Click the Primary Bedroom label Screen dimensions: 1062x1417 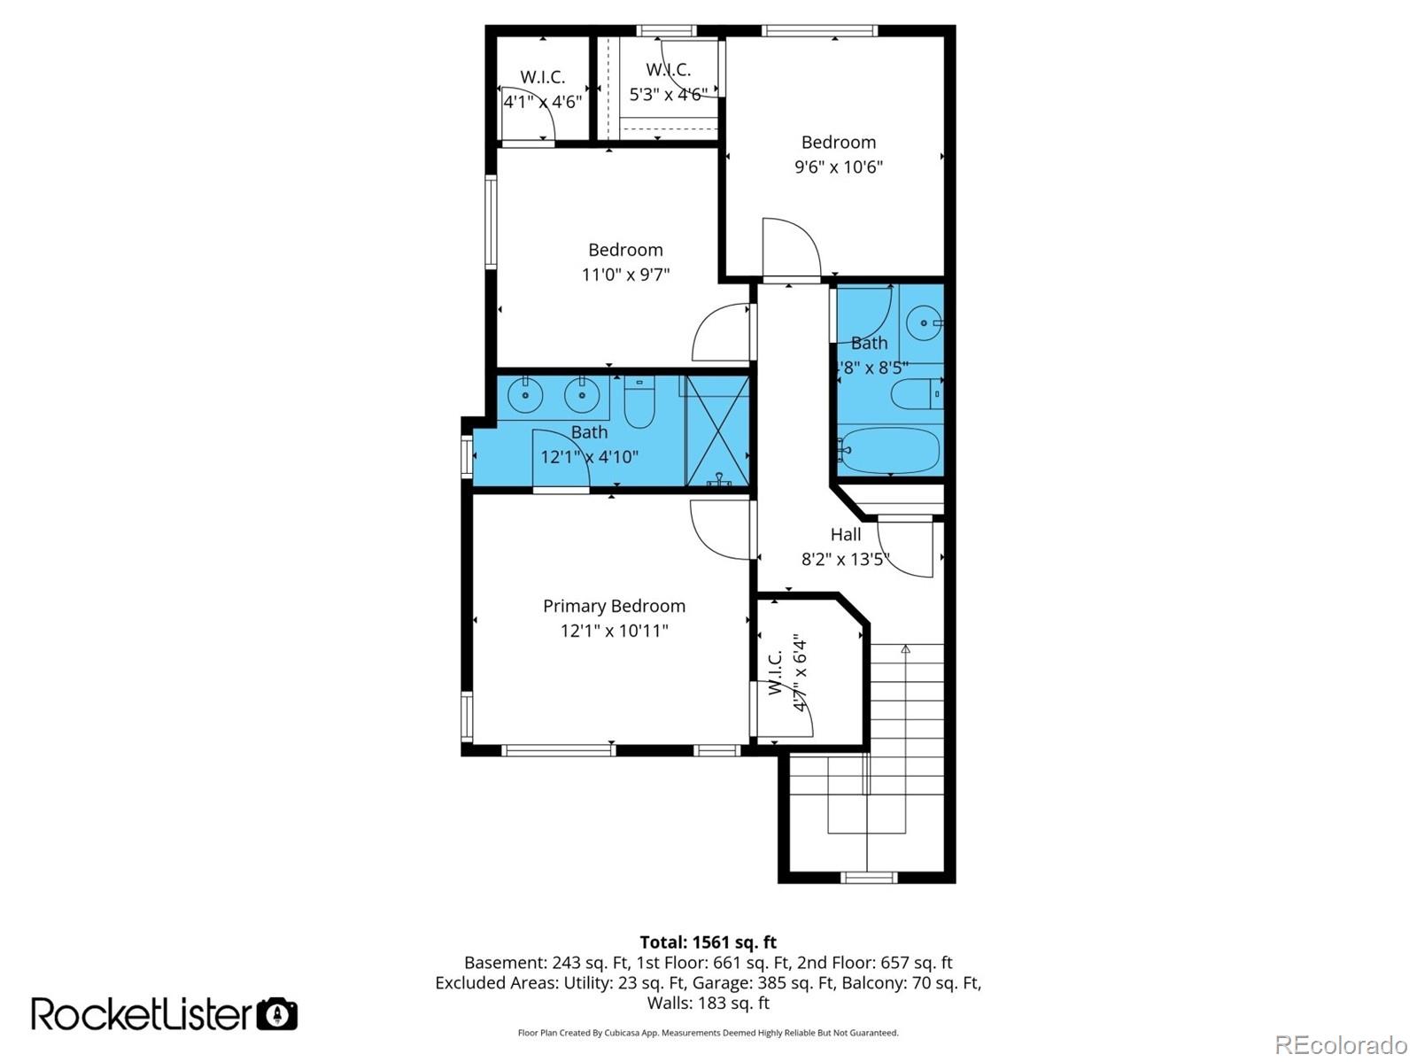coord(614,606)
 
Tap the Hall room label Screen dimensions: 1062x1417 coord(845,534)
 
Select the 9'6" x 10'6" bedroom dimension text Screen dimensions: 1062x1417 coord(838,167)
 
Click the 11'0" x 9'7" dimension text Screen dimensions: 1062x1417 coord(625,275)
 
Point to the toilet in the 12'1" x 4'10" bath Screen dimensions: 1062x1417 coord(639,403)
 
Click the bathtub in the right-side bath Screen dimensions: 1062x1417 coord(888,451)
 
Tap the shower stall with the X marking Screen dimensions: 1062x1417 coord(717,431)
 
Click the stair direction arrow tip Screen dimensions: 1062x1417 coord(905,649)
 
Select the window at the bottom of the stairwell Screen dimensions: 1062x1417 coord(868,878)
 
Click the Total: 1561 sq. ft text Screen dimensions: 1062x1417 coord(708,942)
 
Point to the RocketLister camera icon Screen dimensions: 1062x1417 coord(276,1013)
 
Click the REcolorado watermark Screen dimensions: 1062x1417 coord(1340,1044)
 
